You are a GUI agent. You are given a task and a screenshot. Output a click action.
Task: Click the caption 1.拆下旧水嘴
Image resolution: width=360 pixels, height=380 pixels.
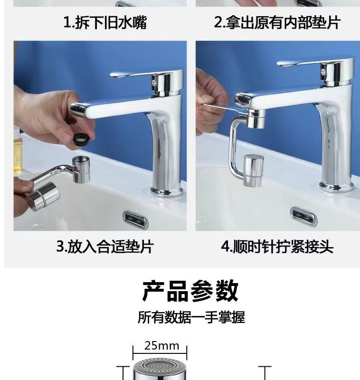pos(105,22)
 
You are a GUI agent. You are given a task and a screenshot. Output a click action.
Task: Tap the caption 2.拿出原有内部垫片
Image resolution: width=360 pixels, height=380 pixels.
pos(277,22)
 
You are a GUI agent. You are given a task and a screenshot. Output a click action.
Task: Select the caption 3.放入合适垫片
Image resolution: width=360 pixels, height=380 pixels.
pos(105,247)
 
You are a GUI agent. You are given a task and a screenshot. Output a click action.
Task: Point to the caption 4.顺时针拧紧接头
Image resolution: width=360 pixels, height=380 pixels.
pos(277,247)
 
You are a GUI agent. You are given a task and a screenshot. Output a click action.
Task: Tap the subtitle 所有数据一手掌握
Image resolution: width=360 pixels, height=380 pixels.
pos(191,317)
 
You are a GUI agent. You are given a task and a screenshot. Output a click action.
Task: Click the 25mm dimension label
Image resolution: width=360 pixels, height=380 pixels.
pos(161,346)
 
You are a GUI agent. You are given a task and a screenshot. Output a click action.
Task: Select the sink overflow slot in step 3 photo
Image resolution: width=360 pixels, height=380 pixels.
pos(135,219)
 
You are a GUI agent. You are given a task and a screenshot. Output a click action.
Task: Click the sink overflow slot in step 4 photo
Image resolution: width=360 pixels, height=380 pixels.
pos(303,215)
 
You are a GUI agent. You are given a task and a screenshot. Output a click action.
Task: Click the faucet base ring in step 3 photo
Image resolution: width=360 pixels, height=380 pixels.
pos(166,191)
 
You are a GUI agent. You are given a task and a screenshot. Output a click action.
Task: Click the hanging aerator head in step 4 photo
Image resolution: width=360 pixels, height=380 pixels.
pos(253,171)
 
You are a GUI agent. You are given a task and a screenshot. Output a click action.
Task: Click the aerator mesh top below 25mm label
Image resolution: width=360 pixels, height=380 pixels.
pos(160,365)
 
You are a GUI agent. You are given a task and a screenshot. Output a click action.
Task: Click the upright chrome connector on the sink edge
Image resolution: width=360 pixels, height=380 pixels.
pos(81,170)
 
